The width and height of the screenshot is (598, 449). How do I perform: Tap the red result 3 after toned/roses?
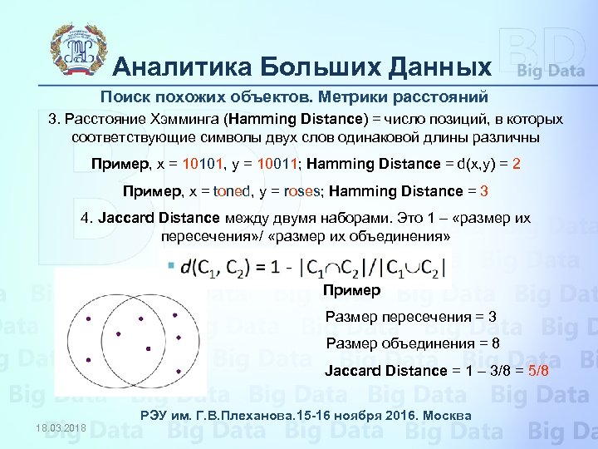[x=483, y=191]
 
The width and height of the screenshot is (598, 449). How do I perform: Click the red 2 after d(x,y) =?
[x=517, y=164]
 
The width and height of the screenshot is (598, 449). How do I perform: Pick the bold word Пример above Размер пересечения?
[x=351, y=290]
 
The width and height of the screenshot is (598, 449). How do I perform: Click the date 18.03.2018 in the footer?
[x=61, y=427]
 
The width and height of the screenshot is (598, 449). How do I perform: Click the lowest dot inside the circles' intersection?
[x=148, y=348]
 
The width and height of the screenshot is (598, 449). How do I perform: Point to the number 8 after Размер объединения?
[x=495, y=343]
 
